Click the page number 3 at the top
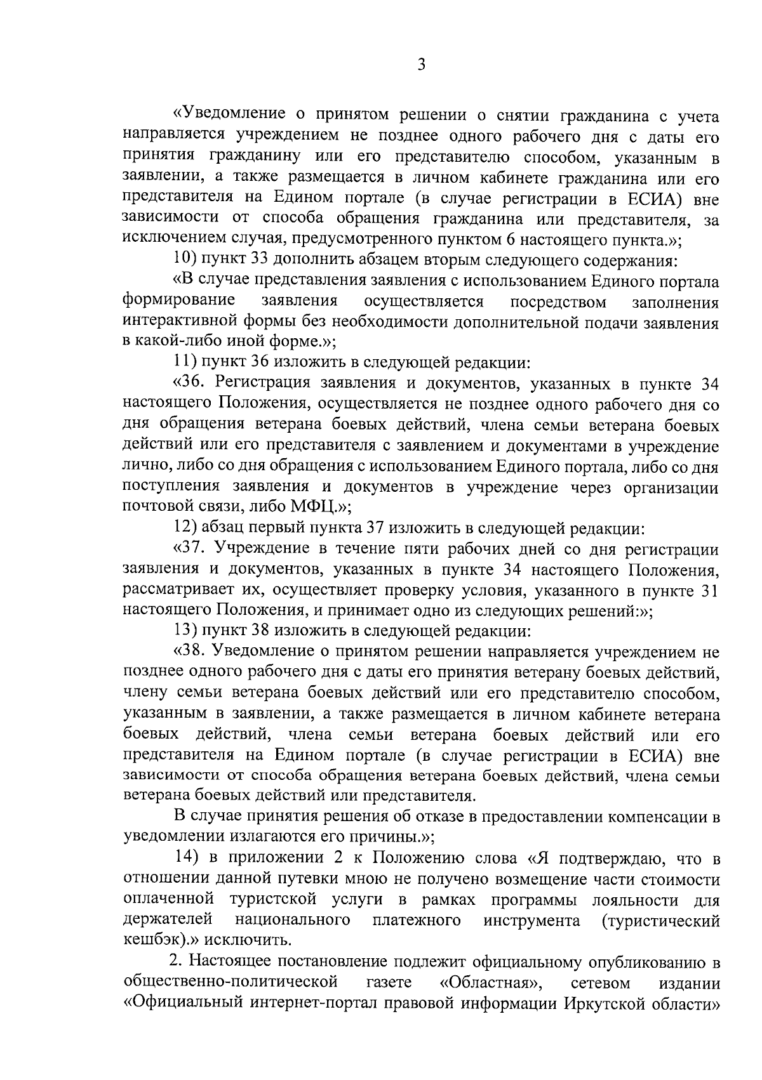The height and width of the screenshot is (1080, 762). pos(421,65)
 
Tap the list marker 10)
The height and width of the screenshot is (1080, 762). pos(185,260)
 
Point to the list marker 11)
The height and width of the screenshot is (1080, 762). pos(185,363)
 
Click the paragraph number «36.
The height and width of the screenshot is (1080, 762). pos(191,383)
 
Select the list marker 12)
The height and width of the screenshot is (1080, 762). pos(185,528)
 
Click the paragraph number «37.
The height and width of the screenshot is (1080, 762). pos(191,549)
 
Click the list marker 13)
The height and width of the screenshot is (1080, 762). pos(185,631)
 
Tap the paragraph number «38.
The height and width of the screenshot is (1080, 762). pos(191,652)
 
